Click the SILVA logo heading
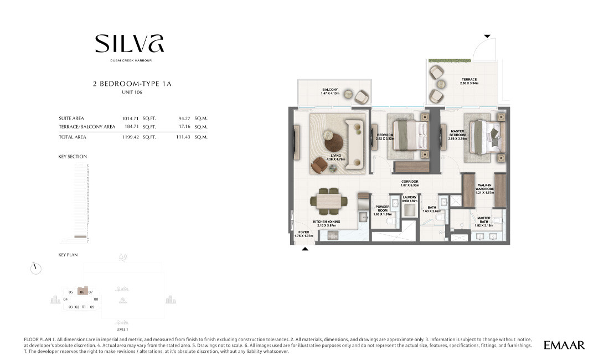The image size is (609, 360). [x=129, y=44]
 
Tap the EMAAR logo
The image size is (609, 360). [x=564, y=345]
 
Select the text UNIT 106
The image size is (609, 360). [x=132, y=92]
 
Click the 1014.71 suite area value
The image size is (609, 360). [x=130, y=118]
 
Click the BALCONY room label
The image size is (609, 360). [x=331, y=90]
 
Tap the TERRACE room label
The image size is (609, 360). [x=469, y=80]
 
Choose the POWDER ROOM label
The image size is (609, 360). [x=382, y=208]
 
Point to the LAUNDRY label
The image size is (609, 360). [x=410, y=197]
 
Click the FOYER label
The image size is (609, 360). [x=304, y=233]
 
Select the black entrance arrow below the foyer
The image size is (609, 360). [x=305, y=250]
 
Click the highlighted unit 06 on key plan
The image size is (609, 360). [x=82, y=291]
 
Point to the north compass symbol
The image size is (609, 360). [x=36, y=268]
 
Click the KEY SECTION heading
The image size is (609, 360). [x=73, y=157]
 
